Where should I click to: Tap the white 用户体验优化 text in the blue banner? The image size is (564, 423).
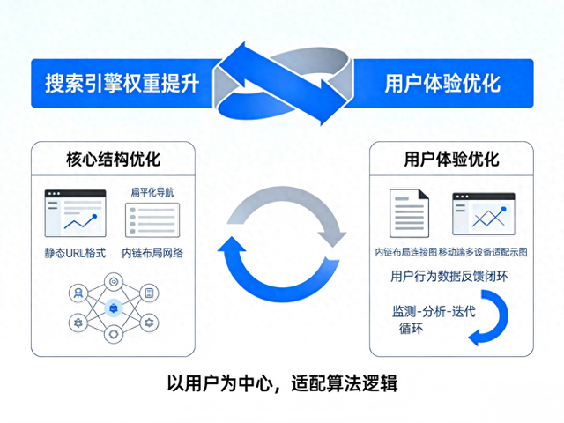(x=442, y=83)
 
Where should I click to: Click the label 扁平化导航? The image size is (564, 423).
(x=152, y=191)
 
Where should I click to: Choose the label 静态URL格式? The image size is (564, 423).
(x=75, y=252)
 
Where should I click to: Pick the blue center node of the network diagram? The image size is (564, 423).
(x=113, y=308)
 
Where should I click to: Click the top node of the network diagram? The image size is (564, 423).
(x=113, y=280)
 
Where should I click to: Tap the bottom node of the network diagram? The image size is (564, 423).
(x=113, y=335)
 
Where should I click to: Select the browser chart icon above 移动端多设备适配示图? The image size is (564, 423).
(x=484, y=214)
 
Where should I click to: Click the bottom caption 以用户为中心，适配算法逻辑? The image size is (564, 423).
(x=282, y=384)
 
